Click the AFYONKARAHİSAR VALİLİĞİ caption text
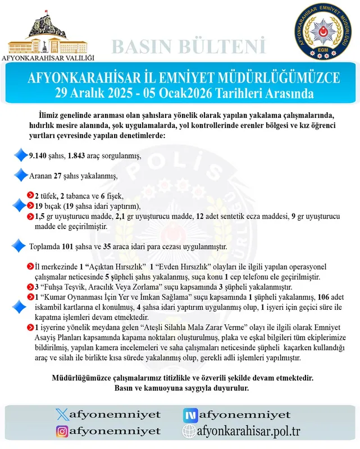(49, 57)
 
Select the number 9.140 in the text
(39, 155)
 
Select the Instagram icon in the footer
(63, 431)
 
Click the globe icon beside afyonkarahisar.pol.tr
(189, 431)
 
